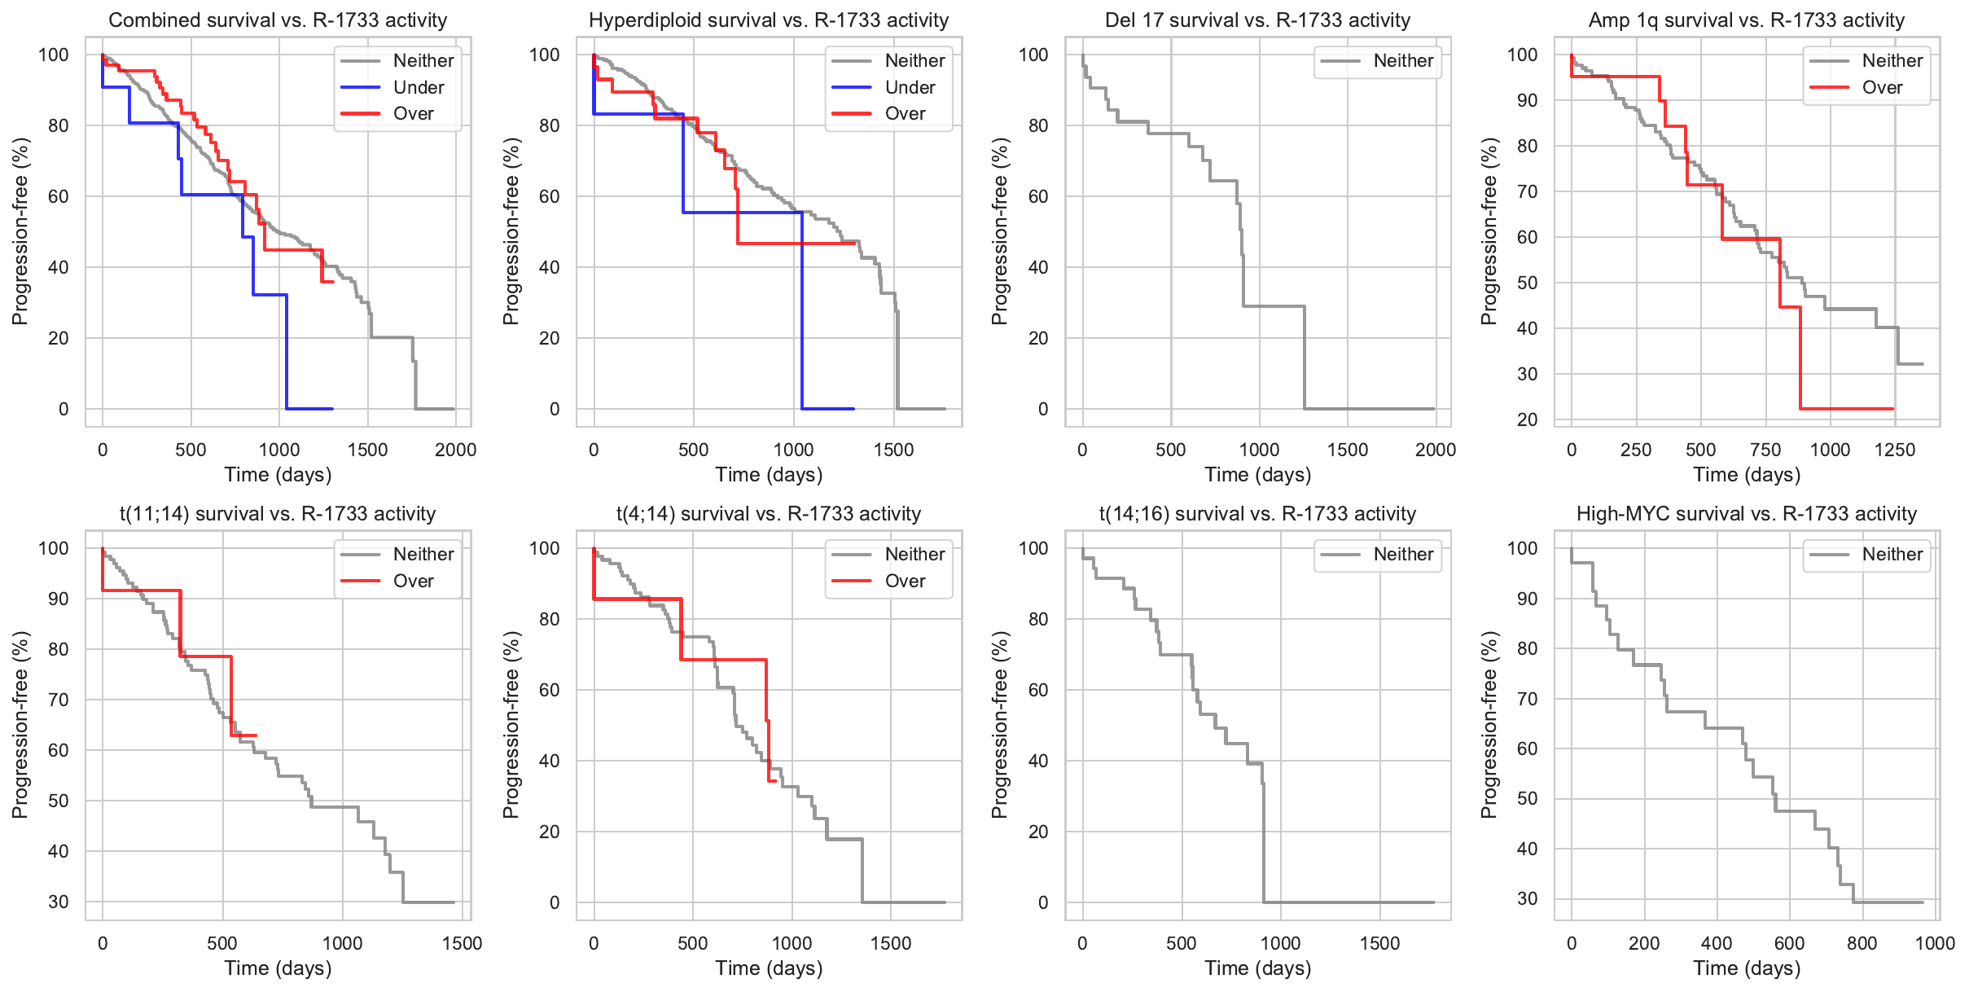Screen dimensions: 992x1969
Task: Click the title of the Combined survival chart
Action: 278,20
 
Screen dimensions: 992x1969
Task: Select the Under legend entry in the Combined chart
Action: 418,87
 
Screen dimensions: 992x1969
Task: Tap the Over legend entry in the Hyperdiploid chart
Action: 905,114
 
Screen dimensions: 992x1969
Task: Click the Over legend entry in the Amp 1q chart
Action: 1882,87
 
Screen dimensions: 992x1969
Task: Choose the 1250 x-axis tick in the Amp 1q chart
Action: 1894,450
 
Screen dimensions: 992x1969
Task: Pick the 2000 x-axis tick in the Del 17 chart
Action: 1435,450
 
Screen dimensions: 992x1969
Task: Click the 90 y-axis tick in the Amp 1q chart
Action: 1522,100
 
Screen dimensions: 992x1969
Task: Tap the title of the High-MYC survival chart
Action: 1746,514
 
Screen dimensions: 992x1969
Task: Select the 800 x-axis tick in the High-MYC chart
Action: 1862,944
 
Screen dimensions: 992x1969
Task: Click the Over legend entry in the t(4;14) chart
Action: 905,581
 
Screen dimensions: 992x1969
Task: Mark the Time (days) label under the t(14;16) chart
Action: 1257,968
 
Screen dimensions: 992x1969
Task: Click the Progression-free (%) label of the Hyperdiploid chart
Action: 511,231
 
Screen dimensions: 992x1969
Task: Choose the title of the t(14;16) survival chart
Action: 1257,514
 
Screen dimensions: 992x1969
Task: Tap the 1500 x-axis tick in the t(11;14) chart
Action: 462,944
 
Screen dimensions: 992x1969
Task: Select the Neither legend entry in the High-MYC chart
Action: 1891,555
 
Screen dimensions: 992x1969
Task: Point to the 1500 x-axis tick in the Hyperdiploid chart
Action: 893,450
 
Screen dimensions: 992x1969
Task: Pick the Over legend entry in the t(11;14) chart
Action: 413,581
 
